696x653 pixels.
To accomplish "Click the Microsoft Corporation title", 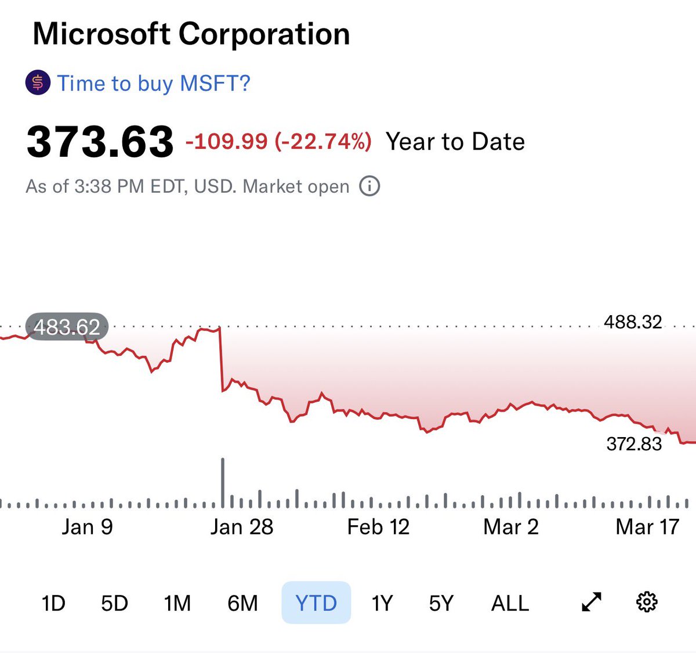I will [x=191, y=34].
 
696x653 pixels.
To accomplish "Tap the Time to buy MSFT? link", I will [x=153, y=84].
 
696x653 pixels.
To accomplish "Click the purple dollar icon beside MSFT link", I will [x=38, y=83].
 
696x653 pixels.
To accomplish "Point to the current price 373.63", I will [x=100, y=142].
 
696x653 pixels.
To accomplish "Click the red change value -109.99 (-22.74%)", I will [x=278, y=142].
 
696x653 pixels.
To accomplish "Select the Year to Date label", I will [x=455, y=142].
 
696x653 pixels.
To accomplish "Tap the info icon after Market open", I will [x=369, y=186].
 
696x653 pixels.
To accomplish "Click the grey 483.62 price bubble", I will [x=67, y=327].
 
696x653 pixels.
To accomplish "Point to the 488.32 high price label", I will [x=633, y=322].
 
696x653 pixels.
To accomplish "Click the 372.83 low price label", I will [x=634, y=444].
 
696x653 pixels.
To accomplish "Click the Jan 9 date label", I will [x=87, y=527].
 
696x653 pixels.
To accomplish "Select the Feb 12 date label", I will [x=378, y=527].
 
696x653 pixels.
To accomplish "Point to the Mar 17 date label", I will [x=647, y=527].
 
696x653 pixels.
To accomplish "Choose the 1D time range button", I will [x=53, y=603].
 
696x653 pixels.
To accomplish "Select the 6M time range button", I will [x=242, y=603].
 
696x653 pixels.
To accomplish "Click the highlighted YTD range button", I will [x=316, y=603].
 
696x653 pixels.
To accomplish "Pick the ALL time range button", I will [x=510, y=603].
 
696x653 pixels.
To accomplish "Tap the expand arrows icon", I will [x=591, y=603].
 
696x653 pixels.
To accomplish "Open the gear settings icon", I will [x=647, y=602].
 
